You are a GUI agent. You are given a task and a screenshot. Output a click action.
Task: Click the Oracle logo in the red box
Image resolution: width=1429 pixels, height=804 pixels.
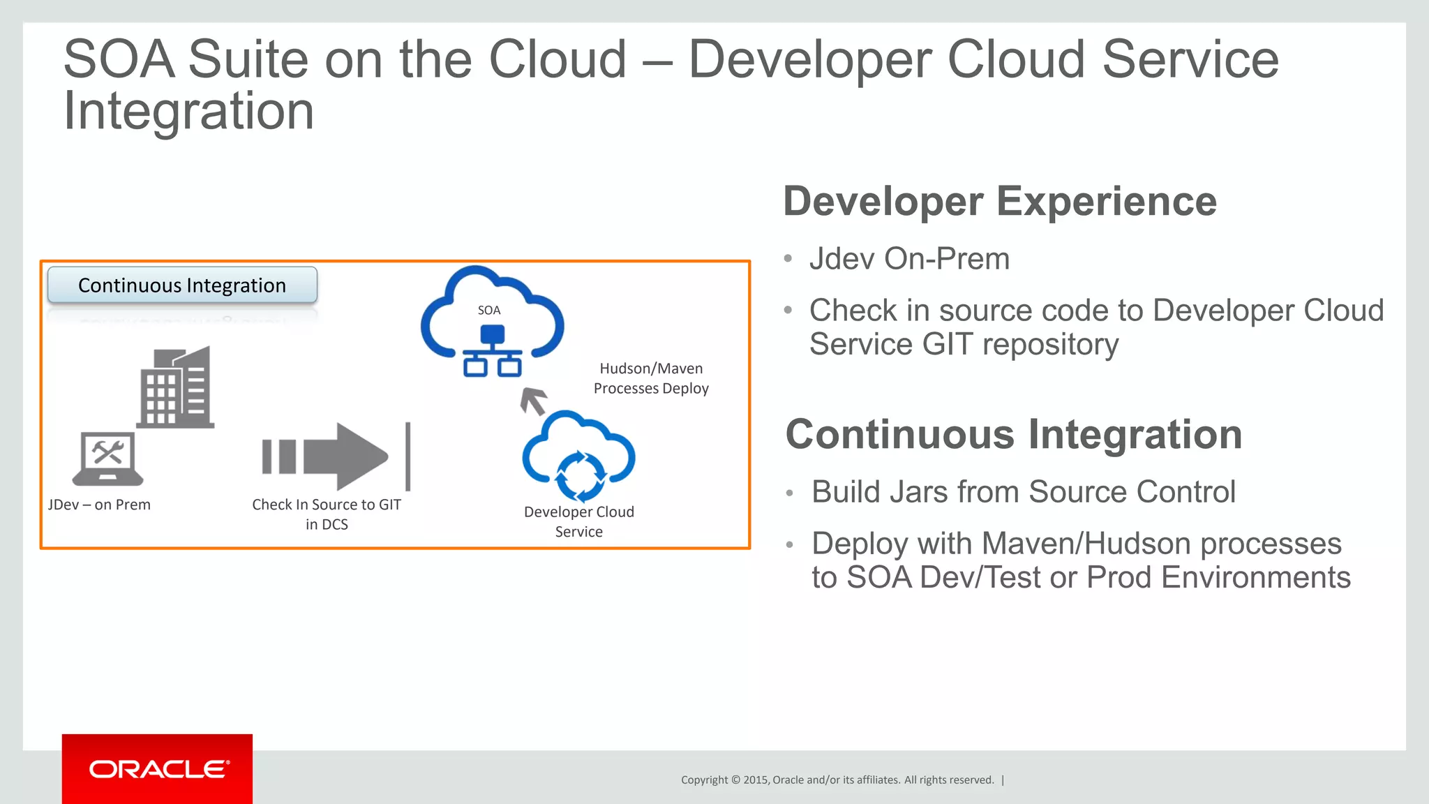(x=158, y=769)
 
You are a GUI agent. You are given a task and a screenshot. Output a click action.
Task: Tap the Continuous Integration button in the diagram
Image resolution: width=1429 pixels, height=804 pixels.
(x=182, y=285)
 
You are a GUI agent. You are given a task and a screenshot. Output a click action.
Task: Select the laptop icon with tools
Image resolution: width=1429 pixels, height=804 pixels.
(x=107, y=458)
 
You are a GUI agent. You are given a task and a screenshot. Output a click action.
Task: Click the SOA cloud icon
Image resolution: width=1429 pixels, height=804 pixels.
(x=492, y=322)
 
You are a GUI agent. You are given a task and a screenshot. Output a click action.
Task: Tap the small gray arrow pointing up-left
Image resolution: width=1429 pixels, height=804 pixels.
(x=534, y=401)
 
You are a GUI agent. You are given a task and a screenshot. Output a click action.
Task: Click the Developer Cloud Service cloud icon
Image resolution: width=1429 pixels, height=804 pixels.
(x=578, y=456)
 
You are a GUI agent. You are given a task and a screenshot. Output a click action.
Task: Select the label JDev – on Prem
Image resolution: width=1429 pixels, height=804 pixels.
(x=99, y=505)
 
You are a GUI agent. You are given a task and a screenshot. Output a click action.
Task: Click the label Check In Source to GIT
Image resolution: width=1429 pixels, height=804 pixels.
(x=327, y=505)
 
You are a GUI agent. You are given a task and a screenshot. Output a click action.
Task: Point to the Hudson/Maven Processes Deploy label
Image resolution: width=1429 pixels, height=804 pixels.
(x=651, y=378)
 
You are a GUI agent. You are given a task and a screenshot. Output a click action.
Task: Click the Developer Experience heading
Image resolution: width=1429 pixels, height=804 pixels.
(x=999, y=202)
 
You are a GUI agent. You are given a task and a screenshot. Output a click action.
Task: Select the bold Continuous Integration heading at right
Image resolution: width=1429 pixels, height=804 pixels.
(x=1013, y=434)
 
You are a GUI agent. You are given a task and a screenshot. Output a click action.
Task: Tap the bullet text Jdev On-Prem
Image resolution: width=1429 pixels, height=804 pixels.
(x=909, y=259)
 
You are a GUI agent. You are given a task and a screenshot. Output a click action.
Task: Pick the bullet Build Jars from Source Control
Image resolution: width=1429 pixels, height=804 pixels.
(x=1023, y=492)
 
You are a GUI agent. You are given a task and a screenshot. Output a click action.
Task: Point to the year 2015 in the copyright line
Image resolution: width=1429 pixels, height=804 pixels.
(x=756, y=780)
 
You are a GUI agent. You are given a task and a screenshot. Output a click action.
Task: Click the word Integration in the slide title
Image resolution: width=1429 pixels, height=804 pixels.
(x=189, y=112)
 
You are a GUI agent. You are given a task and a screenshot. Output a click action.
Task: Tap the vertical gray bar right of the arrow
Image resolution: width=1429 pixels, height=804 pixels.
(x=408, y=456)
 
